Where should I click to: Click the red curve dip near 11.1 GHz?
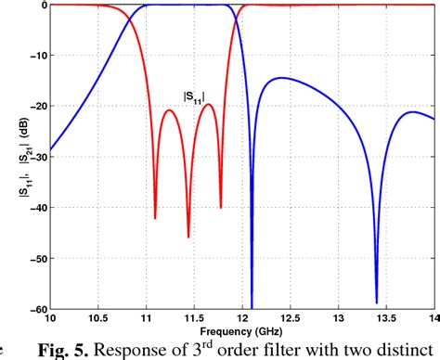tap(155, 218)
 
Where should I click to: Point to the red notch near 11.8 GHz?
tap(221, 207)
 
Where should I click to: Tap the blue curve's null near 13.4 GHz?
tap(377, 302)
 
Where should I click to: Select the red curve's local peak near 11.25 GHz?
tap(170, 110)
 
